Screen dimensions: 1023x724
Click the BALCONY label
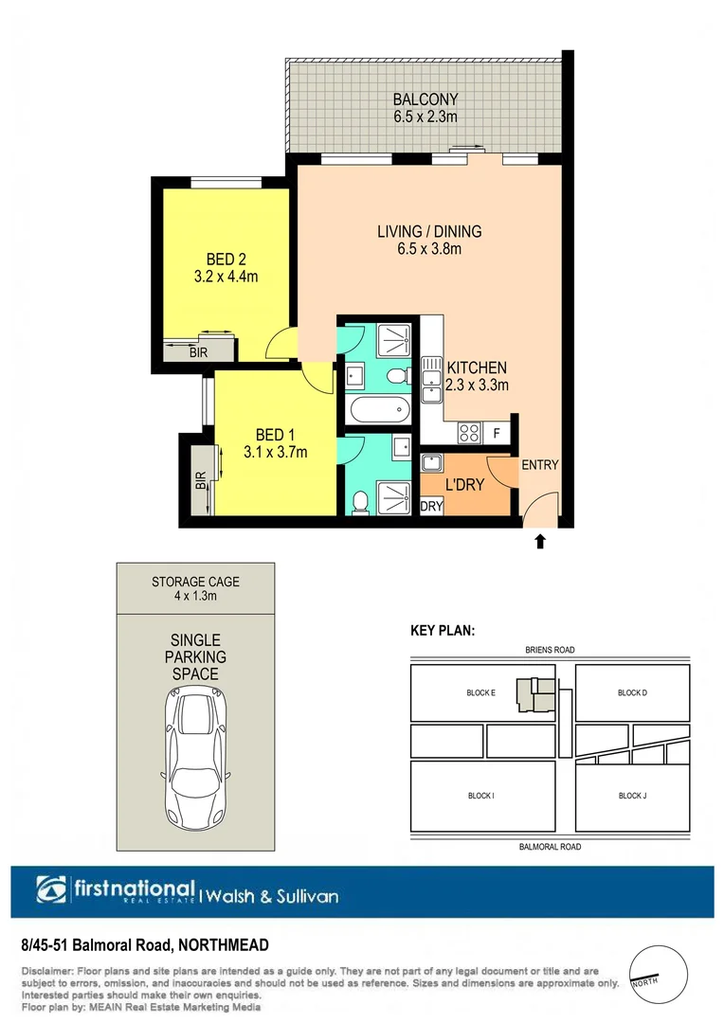[x=425, y=99]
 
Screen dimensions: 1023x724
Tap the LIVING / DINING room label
[x=429, y=231]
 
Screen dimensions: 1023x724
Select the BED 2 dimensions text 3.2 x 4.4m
[x=226, y=277]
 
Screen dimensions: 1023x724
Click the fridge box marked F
[x=497, y=433]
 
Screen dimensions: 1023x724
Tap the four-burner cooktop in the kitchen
[x=468, y=433]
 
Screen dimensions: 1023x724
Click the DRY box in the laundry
[x=431, y=507]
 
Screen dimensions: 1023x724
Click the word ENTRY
[x=540, y=464]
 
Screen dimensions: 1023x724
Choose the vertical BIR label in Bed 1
[x=200, y=480]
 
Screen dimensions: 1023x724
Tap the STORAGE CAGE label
[x=195, y=581]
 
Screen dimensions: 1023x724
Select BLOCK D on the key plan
[x=632, y=693]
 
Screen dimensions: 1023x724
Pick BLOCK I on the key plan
[x=480, y=796]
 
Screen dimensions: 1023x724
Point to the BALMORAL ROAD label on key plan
[x=550, y=847]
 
